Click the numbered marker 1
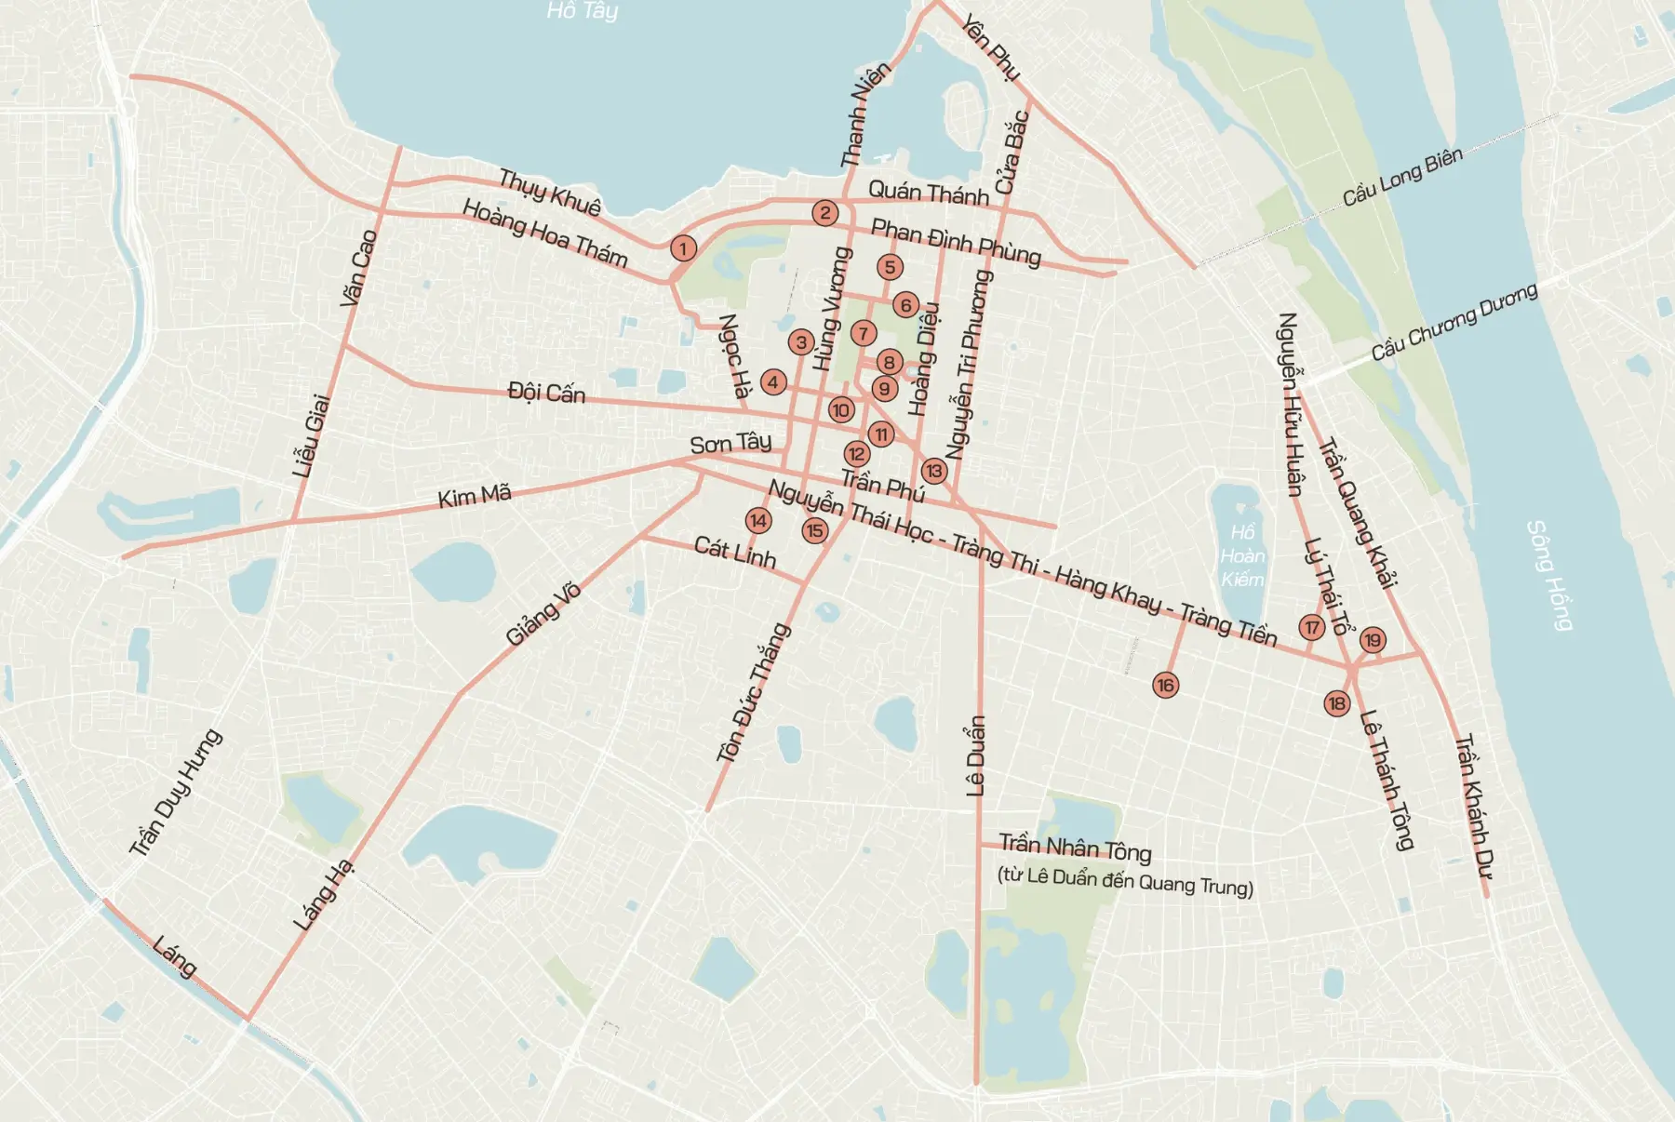tap(683, 248)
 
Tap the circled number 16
tap(1165, 686)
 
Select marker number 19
tap(1373, 640)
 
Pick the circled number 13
tap(933, 471)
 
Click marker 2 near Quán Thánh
tap(824, 213)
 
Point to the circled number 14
tap(758, 521)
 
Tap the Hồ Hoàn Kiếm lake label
tap(1242, 555)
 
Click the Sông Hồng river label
tap(1549, 576)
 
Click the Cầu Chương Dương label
tap(1454, 322)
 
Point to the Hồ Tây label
tap(582, 10)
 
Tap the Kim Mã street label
tap(475, 496)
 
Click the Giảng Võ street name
tap(543, 614)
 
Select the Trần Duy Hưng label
tap(175, 792)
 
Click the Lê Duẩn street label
tap(975, 755)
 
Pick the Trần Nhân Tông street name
tap(1075, 848)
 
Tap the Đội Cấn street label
tap(546, 393)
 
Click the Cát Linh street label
tap(734, 552)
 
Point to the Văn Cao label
tap(358, 267)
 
